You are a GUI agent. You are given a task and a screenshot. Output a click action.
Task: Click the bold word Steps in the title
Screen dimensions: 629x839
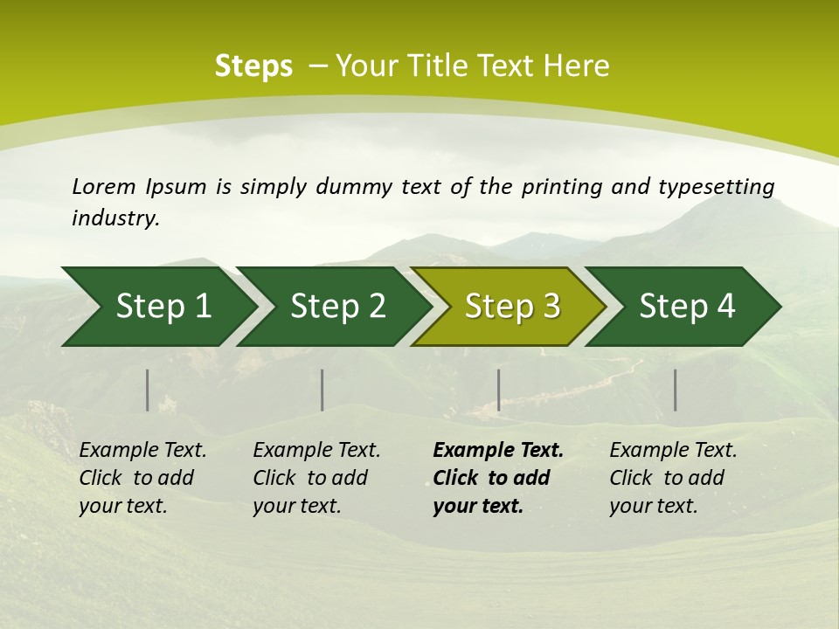click(253, 66)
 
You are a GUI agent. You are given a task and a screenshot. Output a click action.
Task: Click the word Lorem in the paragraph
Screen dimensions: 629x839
click(104, 186)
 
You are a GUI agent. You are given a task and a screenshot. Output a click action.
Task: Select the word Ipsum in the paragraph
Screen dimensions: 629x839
click(177, 186)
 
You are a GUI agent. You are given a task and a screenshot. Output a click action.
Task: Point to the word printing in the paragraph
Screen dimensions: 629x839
click(558, 186)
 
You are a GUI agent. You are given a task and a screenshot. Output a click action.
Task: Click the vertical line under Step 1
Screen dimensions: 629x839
click(148, 390)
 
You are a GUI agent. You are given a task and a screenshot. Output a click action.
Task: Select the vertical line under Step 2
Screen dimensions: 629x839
click(322, 390)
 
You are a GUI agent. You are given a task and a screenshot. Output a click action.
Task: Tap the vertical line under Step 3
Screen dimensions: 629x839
click(498, 390)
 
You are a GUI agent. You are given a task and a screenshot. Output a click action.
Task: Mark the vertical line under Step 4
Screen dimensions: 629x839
click(675, 390)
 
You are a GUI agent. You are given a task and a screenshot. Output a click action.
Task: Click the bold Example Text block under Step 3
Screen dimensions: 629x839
click(498, 478)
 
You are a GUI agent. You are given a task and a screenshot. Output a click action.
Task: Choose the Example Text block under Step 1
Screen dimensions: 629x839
click(142, 478)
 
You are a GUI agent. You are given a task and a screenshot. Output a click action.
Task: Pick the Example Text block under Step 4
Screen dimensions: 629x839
click(673, 478)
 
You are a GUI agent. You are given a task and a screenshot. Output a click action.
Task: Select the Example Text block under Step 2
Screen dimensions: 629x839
click(316, 478)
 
